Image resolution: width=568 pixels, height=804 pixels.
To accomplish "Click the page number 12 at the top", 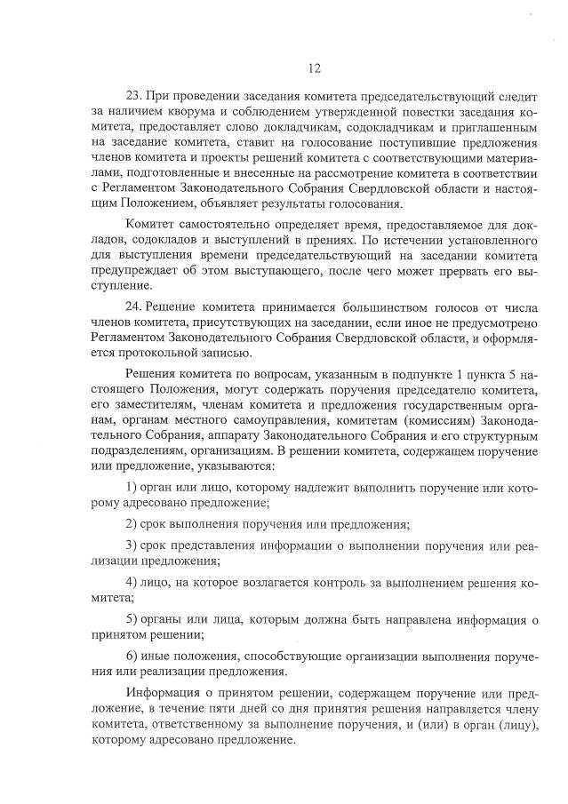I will click(x=314, y=68).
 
